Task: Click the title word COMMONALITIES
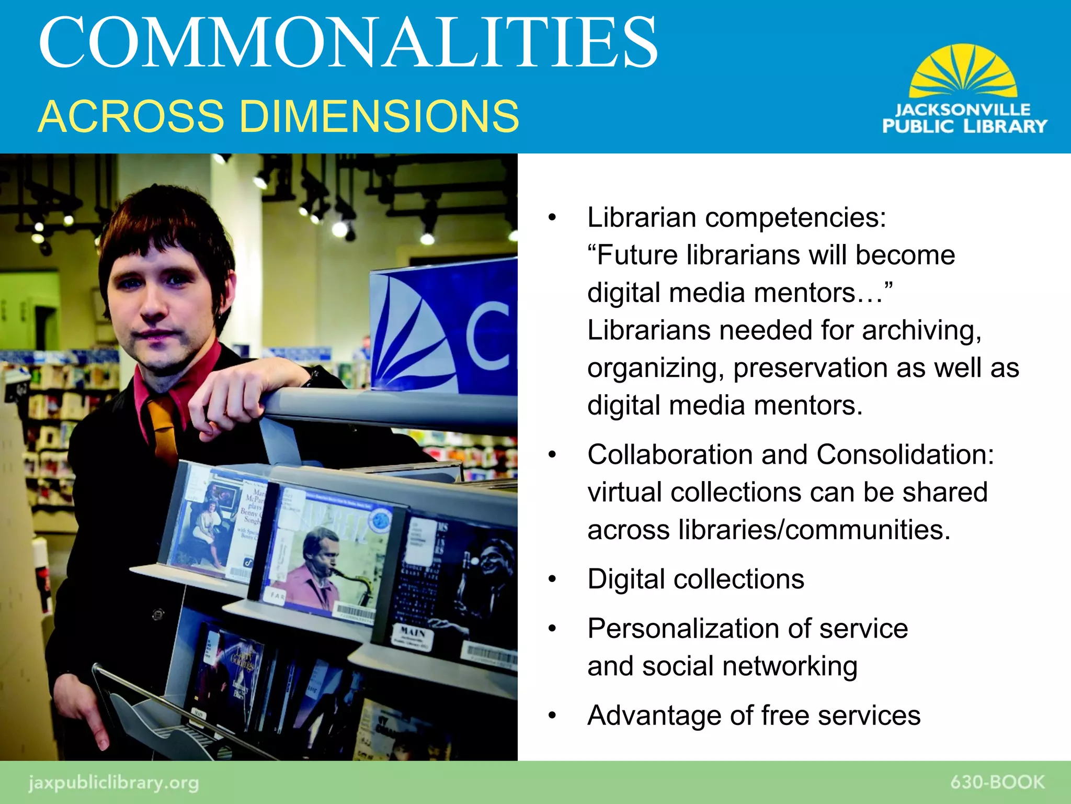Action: pyautogui.click(x=348, y=43)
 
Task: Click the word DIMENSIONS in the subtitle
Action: pyautogui.click(x=379, y=116)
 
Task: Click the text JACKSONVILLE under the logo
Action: pyautogui.click(x=963, y=110)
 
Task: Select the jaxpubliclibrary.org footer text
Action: pyautogui.click(x=113, y=783)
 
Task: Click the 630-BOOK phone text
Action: pyautogui.click(x=997, y=782)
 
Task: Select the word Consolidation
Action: pyautogui.click(x=905, y=454)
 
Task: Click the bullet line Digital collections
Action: pyautogui.click(x=696, y=579)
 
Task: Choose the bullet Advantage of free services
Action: pyautogui.click(x=753, y=716)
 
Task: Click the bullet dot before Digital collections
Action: pyautogui.click(x=552, y=580)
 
